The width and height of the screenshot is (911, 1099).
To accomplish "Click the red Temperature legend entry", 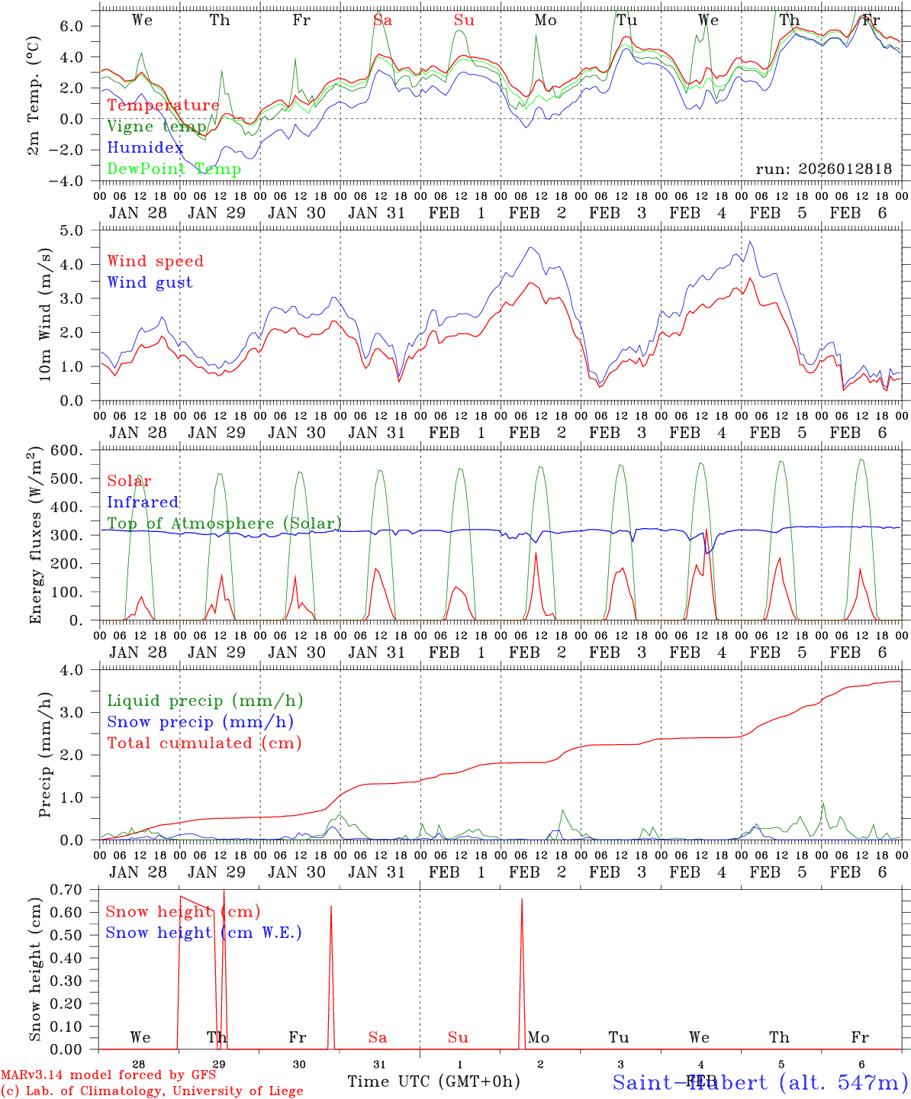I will pos(163,105).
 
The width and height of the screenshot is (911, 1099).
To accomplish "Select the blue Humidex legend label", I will pos(146,147).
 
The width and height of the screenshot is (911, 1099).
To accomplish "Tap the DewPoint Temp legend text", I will pos(174,169).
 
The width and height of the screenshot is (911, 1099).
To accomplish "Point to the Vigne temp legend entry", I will pos(157,127).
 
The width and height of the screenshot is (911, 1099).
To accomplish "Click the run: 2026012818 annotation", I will pos(823,169).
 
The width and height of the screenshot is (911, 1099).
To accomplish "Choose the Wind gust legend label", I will pos(150,282).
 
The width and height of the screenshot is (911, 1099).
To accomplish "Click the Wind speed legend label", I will pos(156,261).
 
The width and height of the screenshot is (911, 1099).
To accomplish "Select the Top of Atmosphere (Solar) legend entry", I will pos(224,524).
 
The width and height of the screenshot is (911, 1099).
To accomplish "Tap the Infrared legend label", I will pos(143,502).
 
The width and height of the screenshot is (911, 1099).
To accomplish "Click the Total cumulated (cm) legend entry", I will pos(204,743).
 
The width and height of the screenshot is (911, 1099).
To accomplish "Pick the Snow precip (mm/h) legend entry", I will pos(201,722).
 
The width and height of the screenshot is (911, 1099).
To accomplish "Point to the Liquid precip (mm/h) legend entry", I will pos(205,701).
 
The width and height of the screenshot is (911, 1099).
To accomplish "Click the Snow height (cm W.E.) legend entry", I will pos(204,933).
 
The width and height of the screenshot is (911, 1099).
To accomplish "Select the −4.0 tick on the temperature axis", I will pos(72,181).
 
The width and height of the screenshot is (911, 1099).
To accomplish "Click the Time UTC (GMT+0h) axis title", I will pos(433,1081).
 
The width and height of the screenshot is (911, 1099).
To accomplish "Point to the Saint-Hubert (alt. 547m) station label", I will pos(760,1081).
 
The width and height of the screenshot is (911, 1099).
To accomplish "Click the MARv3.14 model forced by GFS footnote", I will pos(108,1075).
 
